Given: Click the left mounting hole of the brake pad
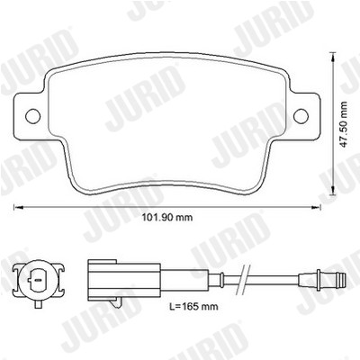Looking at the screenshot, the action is coord(33,115).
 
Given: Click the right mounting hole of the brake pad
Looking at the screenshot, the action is coord(301,115).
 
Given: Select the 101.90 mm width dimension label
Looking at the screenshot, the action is coord(167,217).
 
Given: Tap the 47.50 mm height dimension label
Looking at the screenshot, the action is coord(344,124).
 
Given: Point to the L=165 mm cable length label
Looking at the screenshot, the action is coord(193,306).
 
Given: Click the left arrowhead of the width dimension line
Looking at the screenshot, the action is coord(18,207).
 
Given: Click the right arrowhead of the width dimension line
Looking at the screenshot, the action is coord(316,207).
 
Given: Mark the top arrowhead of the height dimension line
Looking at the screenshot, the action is coord(332,57).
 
